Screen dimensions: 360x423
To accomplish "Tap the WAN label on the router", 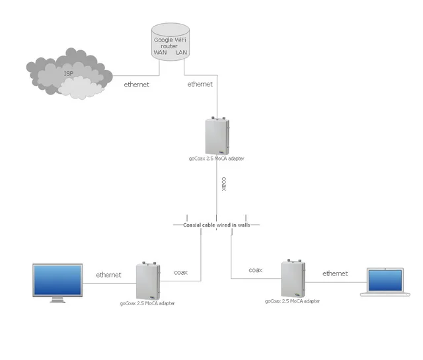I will click(x=160, y=52).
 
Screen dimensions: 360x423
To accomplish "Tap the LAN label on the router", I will click(x=182, y=52).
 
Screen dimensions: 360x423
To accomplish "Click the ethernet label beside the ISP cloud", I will click(x=137, y=85).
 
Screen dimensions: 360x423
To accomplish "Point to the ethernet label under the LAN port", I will click(x=200, y=85).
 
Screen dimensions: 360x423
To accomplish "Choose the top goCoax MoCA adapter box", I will click(x=217, y=136).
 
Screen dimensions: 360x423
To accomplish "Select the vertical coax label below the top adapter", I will click(x=223, y=184).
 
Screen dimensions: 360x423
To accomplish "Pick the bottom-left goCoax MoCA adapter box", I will click(x=148, y=281).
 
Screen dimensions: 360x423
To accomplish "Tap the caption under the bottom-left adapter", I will click(x=148, y=303).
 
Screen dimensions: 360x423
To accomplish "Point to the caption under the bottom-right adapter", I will click(x=292, y=301).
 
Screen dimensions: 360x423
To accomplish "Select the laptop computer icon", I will click(x=385, y=282).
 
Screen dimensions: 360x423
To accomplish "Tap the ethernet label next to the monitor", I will click(x=108, y=275).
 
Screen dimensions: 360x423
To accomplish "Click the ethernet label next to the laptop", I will click(x=335, y=273).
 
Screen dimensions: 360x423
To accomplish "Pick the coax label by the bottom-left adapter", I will click(x=180, y=272).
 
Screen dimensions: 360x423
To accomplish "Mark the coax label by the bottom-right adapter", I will click(x=255, y=270).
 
